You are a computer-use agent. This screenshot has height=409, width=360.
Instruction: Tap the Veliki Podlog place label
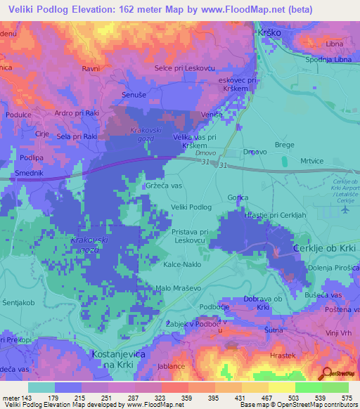coord(191,207)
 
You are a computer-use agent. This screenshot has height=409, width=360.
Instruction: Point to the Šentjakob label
coord(16,303)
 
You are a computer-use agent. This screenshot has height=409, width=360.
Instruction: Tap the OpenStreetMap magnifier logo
coord(326,372)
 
